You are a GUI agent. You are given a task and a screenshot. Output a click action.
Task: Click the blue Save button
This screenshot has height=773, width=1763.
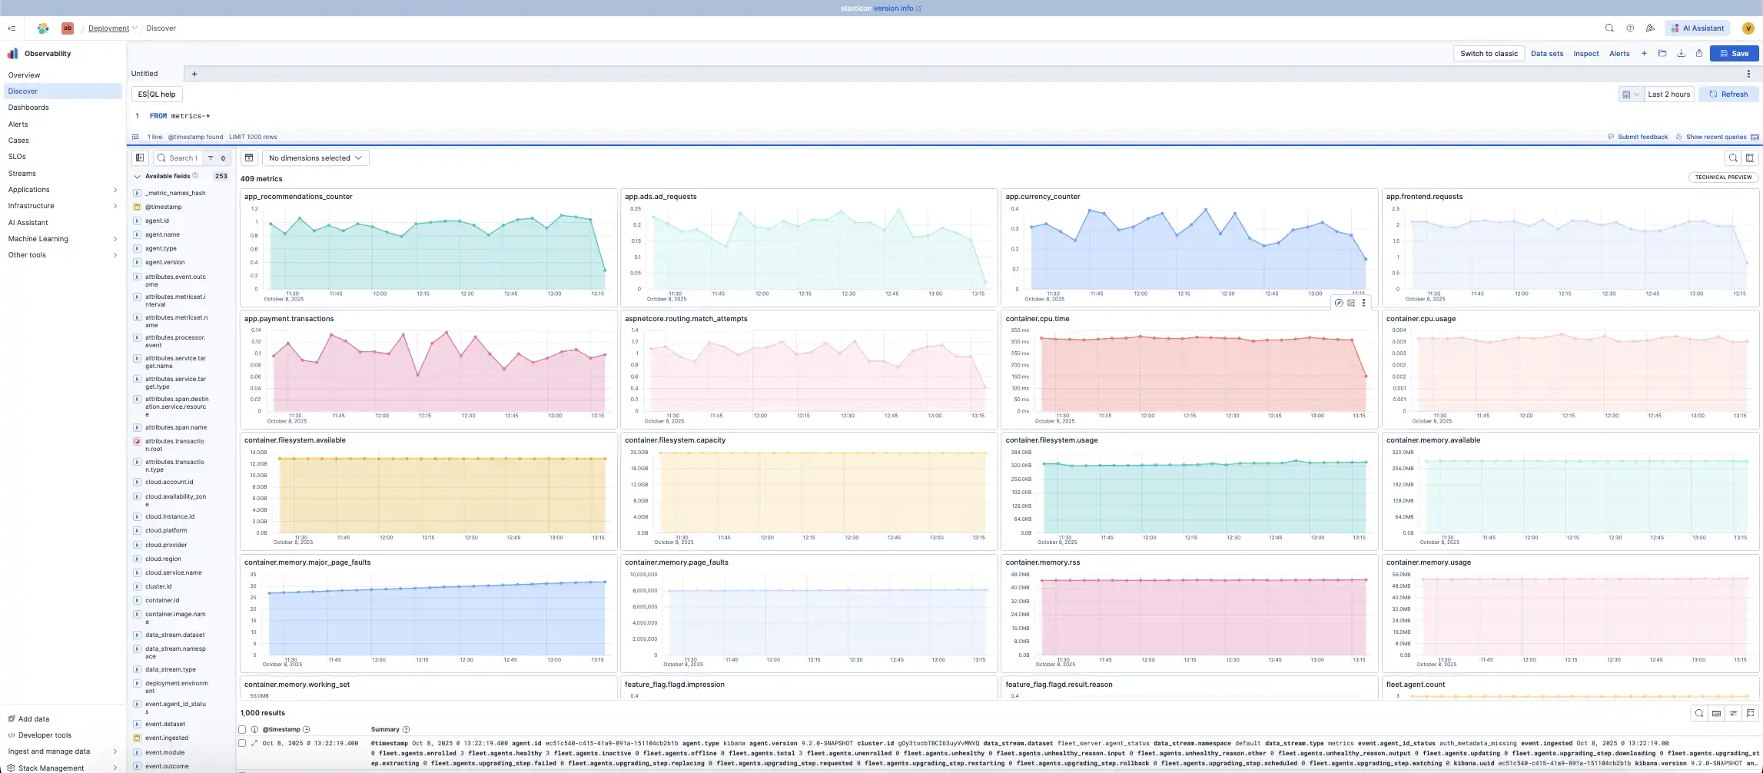pos(1734,54)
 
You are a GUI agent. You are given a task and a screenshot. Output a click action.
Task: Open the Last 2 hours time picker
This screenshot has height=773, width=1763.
pos(1668,95)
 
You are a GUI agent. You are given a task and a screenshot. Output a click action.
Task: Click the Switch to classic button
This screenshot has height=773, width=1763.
pos(1489,54)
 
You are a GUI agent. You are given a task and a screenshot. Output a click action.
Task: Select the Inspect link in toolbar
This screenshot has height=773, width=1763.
pos(1585,54)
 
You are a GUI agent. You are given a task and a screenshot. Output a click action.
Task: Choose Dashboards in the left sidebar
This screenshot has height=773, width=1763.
pos(28,108)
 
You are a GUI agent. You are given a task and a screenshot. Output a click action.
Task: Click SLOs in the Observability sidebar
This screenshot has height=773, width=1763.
pos(17,157)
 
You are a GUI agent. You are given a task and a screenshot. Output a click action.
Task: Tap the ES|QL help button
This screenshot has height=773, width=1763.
pos(157,95)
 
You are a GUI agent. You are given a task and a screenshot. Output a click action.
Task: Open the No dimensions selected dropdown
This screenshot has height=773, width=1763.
pos(315,158)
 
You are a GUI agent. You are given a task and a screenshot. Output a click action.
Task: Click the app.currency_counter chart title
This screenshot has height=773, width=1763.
pos(1042,197)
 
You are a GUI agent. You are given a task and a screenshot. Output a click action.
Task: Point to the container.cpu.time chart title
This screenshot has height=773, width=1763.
pos(1037,319)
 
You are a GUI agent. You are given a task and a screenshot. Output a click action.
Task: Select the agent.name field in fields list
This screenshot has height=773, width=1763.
pos(162,235)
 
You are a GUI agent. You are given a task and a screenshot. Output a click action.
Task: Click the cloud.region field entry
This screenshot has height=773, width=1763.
pos(163,559)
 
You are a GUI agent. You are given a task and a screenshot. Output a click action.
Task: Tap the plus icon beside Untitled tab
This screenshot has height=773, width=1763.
pos(194,75)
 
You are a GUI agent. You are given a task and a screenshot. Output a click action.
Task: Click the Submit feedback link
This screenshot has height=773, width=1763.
pos(1642,138)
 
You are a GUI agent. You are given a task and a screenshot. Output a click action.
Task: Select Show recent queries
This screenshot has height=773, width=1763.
pos(1715,138)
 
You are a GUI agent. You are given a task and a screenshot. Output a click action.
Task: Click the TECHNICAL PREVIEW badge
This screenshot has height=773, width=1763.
pos(1723,177)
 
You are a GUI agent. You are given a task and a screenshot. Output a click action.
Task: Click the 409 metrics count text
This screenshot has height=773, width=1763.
pos(261,179)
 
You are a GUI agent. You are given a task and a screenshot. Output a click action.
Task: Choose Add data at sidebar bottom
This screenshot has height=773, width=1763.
pos(33,719)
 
